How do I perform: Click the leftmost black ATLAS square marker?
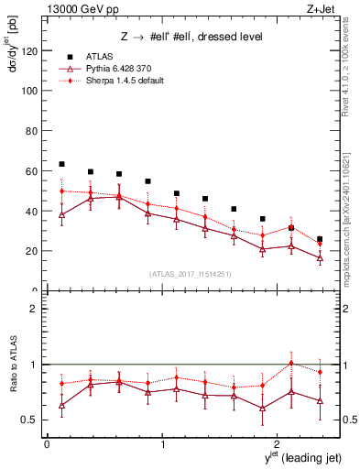[x=61, y=164]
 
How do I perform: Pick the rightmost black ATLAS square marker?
[x=319, y=239]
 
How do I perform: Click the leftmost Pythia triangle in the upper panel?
[x=61, y=215]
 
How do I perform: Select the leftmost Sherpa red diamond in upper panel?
[x=61, y=191]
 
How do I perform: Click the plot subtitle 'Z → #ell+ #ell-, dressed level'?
[x=192, y=37]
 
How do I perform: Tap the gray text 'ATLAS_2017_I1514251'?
[x=191, y=274]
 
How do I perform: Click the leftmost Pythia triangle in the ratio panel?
[x=61, y=405]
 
